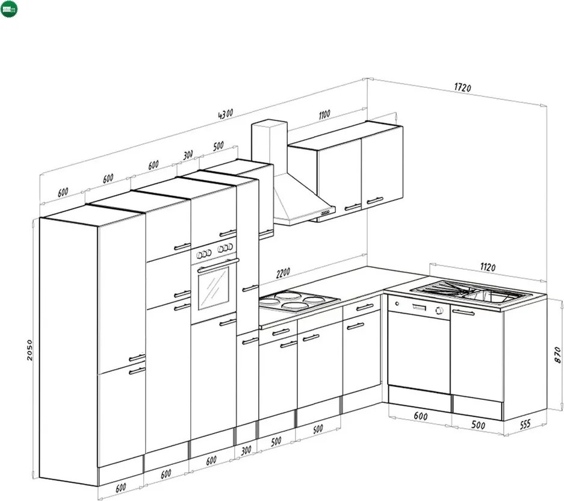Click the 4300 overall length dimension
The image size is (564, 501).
point(226,114)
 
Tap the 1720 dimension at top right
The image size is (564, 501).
point(462,87)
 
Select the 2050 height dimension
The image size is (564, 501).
point(30,350)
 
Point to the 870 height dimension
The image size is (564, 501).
point(557,355)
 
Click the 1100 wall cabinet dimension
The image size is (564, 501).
point(324,114)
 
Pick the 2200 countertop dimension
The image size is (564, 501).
point(283,273)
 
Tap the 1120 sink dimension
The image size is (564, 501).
point(488,267)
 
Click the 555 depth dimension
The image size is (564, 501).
point(525,424)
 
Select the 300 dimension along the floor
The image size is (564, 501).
point(246,451)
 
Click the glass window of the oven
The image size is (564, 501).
point(214,288)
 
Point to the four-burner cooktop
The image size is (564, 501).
point(299,300)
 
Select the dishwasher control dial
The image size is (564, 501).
point(439,311)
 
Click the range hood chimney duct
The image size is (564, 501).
point(270,147)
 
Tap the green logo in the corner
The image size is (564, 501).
point(8,8)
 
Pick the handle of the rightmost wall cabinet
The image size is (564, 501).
point(375,201)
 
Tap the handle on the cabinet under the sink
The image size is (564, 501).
point(463,312)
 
